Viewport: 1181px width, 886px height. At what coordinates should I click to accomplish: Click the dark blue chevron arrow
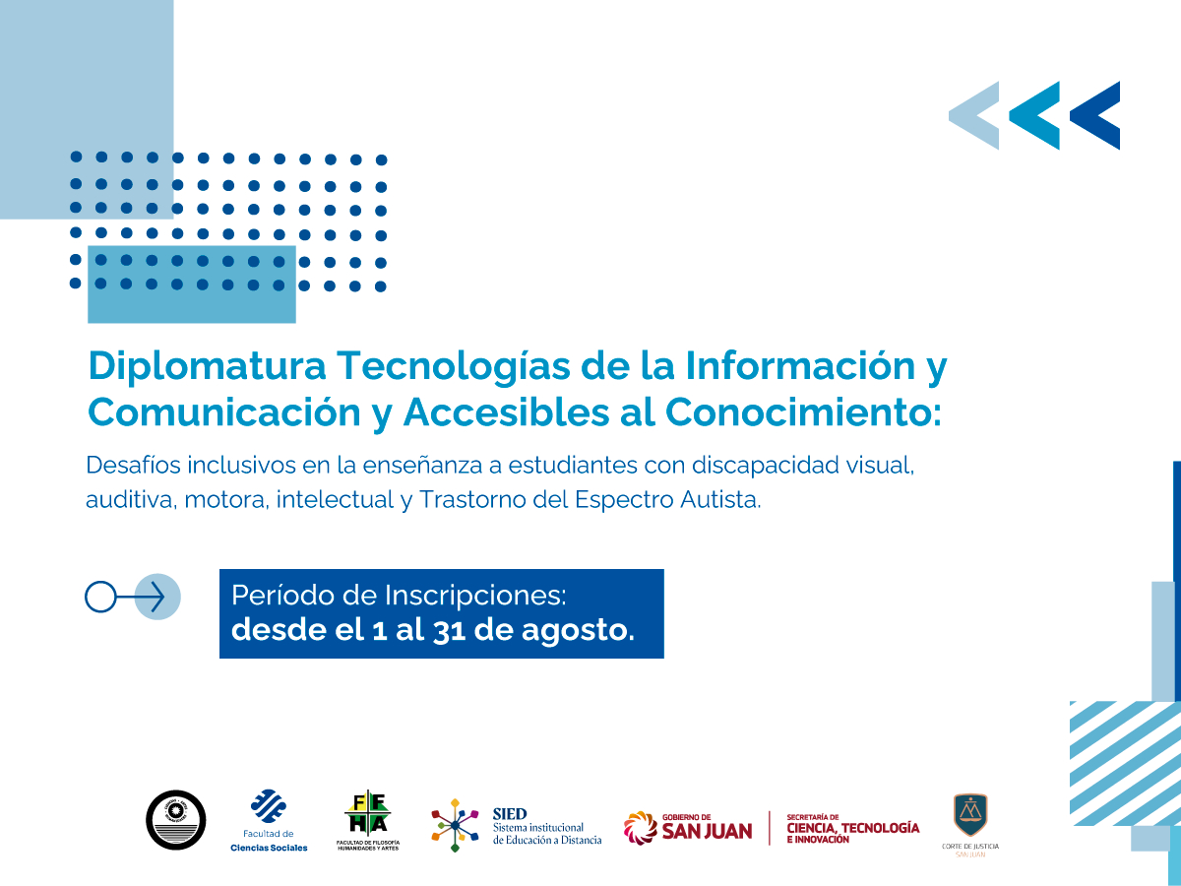coord(1096,115)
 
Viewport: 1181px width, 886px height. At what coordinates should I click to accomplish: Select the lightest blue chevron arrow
coord(974,115)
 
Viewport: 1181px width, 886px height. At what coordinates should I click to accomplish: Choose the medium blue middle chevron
coord(1035,115)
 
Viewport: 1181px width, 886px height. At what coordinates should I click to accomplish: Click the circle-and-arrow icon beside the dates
coord(133,597)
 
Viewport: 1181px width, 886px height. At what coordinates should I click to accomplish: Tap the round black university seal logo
coord(176,820)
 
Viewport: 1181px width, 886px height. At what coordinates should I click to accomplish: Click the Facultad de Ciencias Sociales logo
coord(268,820)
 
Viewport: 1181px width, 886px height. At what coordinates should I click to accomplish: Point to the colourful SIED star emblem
coord(455,824)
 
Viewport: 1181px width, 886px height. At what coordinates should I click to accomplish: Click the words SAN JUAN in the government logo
coord(707,831)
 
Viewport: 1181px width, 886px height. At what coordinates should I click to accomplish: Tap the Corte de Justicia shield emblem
coord(970,815)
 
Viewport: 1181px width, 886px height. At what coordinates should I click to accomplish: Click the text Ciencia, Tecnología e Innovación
coord(852,828)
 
